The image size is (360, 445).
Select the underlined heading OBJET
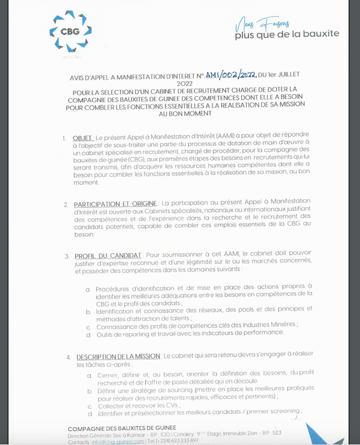tap(83, 138)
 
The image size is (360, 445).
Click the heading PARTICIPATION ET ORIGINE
tap(116, 204)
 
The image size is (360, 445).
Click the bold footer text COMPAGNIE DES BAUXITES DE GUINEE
tap(121, 428)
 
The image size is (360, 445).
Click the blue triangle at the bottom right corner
tap(332, 434)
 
